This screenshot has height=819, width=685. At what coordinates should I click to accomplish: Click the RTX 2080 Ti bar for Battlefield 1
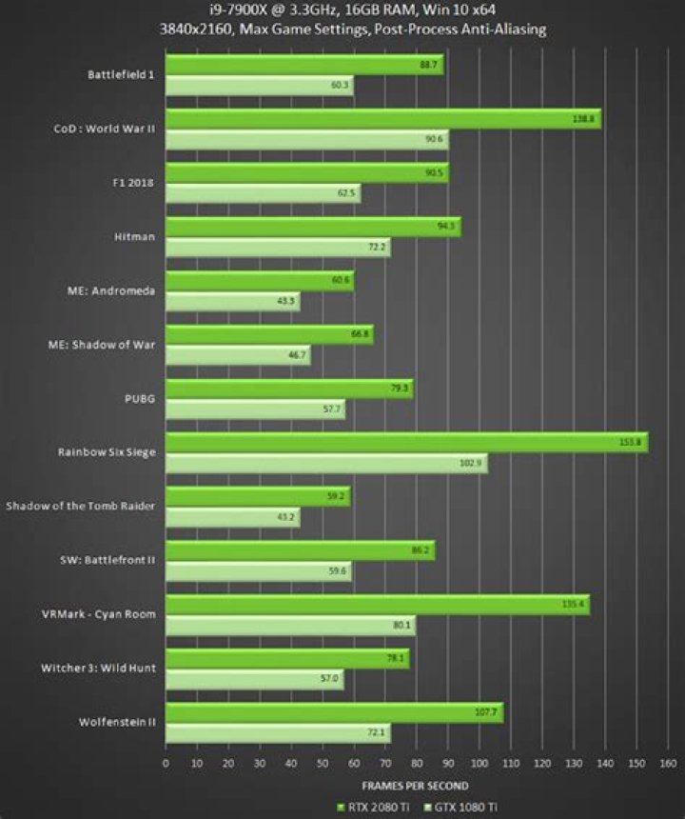pyautogui.click(x=304, y=65)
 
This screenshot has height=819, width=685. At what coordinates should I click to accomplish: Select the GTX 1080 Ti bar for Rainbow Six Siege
pyautogui.click(x=326, y=464)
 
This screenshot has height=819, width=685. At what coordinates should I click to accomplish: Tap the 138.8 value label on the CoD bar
pyautogui.click(x=585, y=119)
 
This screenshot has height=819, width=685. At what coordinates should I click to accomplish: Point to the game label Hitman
pyautogui.click(x=136, y=237)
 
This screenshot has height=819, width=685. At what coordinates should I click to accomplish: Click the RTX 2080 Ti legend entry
pyautogui.click(x=368, y=807)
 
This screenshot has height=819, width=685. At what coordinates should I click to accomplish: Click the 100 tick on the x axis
pyautogui.click(x=479, y=763)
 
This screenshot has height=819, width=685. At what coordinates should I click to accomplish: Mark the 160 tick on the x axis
pyautogui.click(x=668, y=763)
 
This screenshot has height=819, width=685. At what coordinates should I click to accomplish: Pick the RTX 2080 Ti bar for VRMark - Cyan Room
pyautogui.click(x=378, y=605)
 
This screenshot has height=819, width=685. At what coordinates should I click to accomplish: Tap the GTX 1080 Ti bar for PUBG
pyautogui.click(x=255, y=409)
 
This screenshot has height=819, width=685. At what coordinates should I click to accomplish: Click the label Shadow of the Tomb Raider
pyautogui.click(x=81, y=507)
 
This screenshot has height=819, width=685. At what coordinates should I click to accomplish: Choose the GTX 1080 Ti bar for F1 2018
pyautogui.click(x=263, y=194)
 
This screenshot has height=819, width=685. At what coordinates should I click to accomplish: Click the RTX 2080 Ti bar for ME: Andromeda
pyautogui.click(x=260, y=281)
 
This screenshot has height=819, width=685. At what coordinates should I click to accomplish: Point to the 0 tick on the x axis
pyautogui.click(x=166, y=763)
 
